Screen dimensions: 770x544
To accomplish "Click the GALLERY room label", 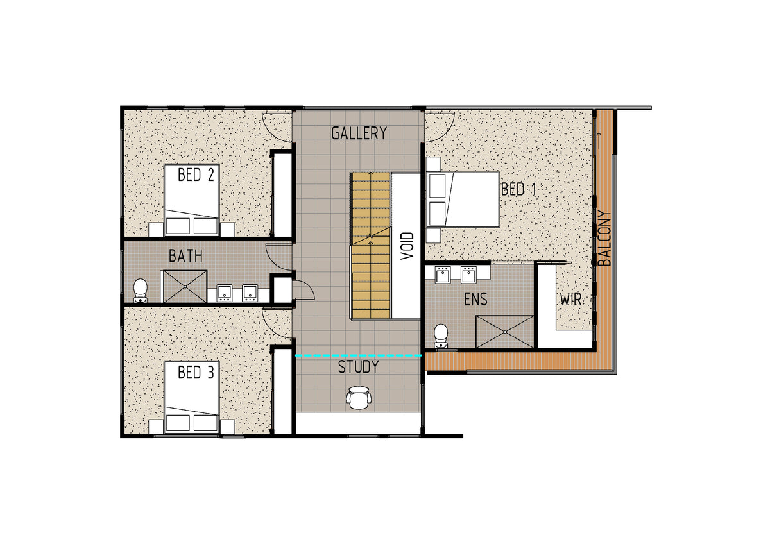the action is pos(359,133).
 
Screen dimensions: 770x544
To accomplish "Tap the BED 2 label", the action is pos(196,174).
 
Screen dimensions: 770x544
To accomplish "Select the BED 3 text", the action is pos(196,373).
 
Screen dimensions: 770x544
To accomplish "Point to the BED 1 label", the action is pos(518,189).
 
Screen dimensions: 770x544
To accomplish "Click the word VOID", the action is pos(407,246).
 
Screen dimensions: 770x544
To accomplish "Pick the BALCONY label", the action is pos(604,238).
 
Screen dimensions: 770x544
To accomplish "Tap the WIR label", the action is pos(570,300).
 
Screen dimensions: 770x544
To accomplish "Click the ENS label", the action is pos(475,300).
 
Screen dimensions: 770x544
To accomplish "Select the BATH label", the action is pos(185,256).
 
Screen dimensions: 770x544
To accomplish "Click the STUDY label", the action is pos(358,367).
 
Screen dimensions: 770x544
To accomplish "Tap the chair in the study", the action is pos(359,398).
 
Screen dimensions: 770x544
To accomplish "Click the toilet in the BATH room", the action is pos(141,291).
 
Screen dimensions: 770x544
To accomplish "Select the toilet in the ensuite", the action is pos(441,336).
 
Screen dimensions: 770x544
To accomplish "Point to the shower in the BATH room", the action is pos(185,286).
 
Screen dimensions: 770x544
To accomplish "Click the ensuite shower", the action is pos(504,332).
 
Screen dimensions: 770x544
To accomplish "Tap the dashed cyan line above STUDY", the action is pos(359,355).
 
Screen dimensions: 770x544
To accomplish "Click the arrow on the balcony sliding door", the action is pos(599,140).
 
